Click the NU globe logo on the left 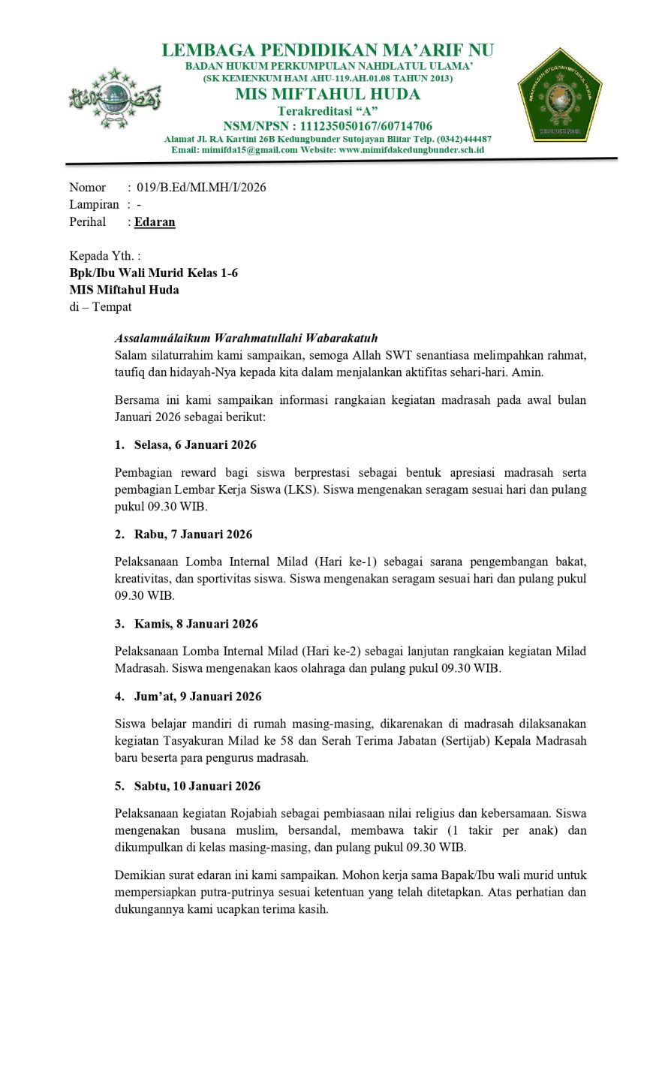[114, 98]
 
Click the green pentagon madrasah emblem [559, 96]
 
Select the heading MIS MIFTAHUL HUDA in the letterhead [327, 94]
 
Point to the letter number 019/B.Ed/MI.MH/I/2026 [201, 187]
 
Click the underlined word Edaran [155, 221]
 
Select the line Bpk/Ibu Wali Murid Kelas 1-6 [154, 273]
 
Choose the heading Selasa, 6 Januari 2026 [195, 444]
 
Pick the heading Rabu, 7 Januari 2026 [193, 534]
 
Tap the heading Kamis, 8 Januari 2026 [196, 623]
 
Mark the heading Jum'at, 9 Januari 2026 [198, 696]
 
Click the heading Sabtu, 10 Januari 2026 [197, 785]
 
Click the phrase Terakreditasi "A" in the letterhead [327, 111]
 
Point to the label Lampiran [94, 204]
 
